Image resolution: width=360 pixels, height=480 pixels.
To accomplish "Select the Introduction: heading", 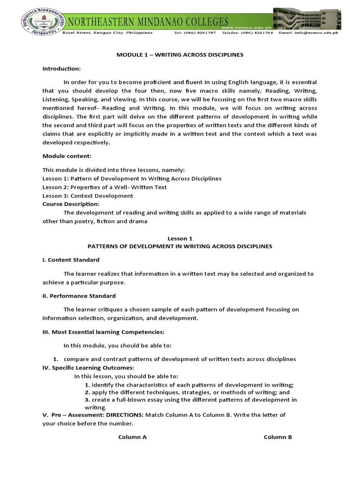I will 61,68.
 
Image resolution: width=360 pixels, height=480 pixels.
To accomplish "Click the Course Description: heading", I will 71,204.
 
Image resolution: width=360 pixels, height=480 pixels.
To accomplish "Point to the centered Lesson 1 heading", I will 180,238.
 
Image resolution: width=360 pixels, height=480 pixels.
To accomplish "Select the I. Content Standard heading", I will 71,260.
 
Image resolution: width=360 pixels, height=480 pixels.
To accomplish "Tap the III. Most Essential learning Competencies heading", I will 103,332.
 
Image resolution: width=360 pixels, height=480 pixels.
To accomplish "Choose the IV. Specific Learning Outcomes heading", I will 88,367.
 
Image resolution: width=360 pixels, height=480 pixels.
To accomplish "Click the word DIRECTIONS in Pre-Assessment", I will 124,415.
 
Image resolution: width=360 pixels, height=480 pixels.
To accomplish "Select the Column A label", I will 132,437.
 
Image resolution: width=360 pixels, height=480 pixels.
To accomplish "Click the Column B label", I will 278,437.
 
